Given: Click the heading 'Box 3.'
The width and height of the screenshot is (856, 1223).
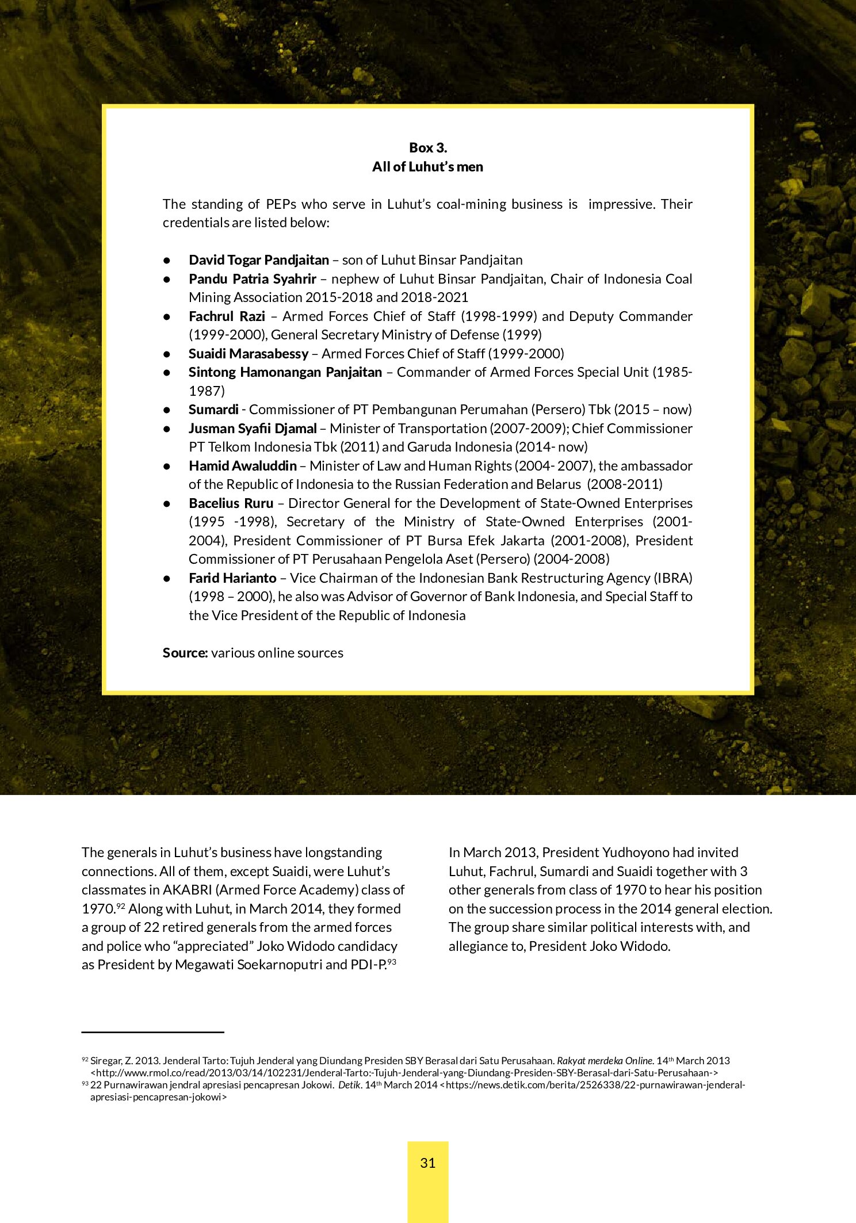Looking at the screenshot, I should click(427, 148).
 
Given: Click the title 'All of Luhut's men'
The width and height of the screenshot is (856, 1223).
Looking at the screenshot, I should click(427, 167).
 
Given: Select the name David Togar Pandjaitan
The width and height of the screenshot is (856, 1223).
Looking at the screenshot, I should click(258, 260).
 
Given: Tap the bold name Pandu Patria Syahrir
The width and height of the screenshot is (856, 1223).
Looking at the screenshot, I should click(252, 279).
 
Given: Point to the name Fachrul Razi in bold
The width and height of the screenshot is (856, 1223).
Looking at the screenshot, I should click(227, 316).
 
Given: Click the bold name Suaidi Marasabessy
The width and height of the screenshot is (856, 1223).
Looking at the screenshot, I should click(248, 354).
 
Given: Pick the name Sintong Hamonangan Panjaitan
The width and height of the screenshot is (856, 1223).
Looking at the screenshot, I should click(285, 372).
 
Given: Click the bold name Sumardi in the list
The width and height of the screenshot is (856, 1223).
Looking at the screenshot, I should click(213, 410).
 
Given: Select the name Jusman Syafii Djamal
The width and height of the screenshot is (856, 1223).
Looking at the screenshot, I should click(252, 429).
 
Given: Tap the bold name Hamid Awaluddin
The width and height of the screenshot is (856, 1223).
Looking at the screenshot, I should click(242, 466).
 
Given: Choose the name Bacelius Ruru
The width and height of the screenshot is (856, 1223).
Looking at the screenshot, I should click(231, 503).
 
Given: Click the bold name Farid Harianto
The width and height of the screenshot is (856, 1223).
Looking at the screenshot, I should click(232, 578).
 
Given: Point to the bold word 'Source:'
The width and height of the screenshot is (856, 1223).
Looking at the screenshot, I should click(185, 653).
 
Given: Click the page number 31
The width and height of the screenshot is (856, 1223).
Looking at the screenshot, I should click(427, 1163).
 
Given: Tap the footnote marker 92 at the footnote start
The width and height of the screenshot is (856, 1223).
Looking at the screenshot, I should click(85, 1059).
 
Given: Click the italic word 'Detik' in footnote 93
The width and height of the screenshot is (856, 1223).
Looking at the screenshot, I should click(349, 1085).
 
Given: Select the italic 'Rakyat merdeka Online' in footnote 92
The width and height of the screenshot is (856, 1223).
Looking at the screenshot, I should click(605, 1061).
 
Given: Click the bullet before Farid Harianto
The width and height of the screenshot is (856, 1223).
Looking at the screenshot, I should click(167, 578).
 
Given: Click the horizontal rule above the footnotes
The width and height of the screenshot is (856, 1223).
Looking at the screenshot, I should click(152, 1033).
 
